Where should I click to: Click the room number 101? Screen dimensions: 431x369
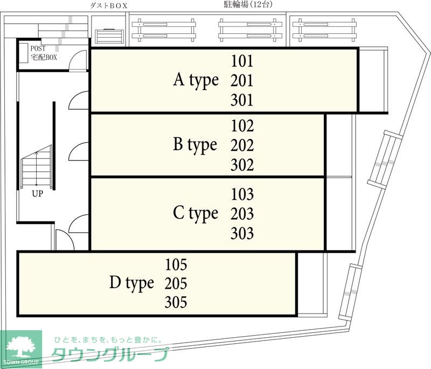tap(242, 61)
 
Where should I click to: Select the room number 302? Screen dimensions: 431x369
tap(242, 165)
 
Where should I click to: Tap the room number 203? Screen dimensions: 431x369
tap(242, 214)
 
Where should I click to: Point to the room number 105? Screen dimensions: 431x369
tap(176, 264)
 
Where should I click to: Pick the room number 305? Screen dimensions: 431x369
tap(176, 302)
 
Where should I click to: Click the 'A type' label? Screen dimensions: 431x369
tap(196, 80)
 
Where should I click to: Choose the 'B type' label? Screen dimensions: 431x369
tap(195, 145)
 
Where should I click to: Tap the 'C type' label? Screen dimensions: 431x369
tap(196, 213)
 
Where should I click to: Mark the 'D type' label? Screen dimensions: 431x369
tap(131, 283)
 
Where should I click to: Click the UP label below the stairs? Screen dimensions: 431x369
tap(37, 194)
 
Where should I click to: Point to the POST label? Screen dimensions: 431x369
tap(38, 48)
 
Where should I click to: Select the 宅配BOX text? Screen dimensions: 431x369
tap(44, 57)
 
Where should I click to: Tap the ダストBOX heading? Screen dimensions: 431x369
tap(109, 6)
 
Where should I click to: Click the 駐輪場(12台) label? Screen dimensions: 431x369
tap(248, 5)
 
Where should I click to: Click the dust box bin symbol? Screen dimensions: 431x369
tap(109, 36)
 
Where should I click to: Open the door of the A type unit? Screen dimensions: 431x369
tap(79, 101)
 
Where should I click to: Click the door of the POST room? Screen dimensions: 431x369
tap(77, 61)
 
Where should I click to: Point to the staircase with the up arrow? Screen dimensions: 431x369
tap(37, 167)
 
